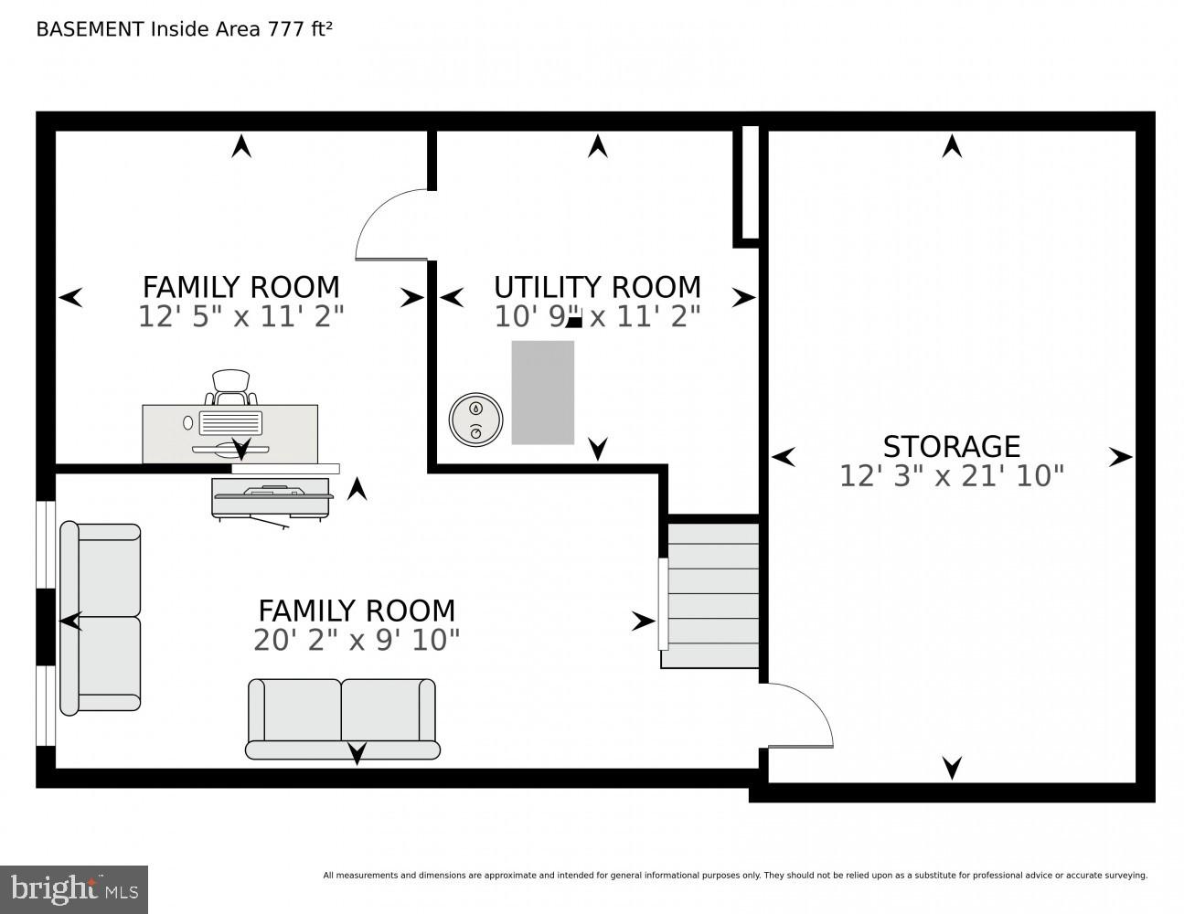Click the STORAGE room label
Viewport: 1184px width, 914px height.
click(952, 447)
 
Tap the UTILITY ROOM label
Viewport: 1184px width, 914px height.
click(597, 287)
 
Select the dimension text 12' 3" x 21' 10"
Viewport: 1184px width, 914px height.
click(952, 476)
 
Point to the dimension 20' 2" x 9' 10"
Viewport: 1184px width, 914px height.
click(357, 640)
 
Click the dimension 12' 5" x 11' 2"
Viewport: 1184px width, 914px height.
click(240, 316)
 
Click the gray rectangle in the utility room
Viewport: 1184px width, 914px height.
click(543, 393)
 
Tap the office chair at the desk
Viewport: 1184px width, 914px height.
click(230, 388)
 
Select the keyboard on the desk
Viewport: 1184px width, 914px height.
click(230, 423)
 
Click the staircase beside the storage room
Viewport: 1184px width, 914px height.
click(710, 595)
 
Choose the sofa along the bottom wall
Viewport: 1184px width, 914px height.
click(342, 719)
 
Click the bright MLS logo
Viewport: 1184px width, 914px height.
click(74, 889)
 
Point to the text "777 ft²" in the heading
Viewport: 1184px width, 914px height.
click(299, 29)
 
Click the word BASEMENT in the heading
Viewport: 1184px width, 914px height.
click(90, 29)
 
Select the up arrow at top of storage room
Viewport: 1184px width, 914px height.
click(952, 146)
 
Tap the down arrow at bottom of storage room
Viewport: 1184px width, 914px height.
click(952, 768)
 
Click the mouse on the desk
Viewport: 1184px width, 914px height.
click(188, 422)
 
